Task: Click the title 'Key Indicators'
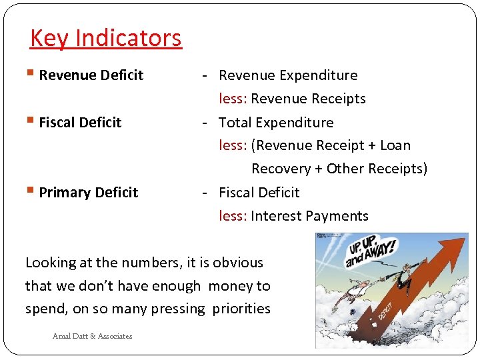pos(105,38)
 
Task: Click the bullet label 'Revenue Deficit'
pos(91,75)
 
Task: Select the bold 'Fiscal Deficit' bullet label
pos(80,123)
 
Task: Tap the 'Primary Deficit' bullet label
pos(89,193)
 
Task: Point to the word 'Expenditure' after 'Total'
pos(294,123)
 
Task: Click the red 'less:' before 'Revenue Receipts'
pos(233,99)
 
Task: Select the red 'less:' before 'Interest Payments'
pos(233,216)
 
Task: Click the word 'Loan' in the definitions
pos(395,145)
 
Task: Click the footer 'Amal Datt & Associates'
pos(92,336)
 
